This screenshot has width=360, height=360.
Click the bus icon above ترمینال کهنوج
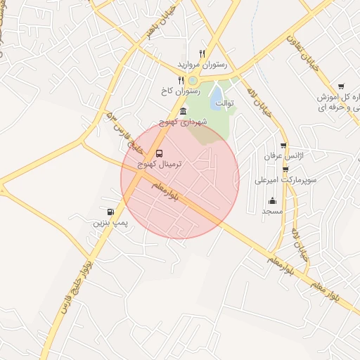click(x=159, y=153)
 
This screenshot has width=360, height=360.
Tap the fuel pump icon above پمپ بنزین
click(x=110, y=212)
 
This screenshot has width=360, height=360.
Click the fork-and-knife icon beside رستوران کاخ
click(x=181, y=80)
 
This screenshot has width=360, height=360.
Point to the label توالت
click(x=224, y=103)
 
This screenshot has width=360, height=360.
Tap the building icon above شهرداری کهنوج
click(x=184, y=111)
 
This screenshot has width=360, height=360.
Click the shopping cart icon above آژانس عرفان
click(x=283, y=146)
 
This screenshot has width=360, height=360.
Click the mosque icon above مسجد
click(x=272, y=201)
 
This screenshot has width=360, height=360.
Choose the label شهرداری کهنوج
click(x=183, y=122)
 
